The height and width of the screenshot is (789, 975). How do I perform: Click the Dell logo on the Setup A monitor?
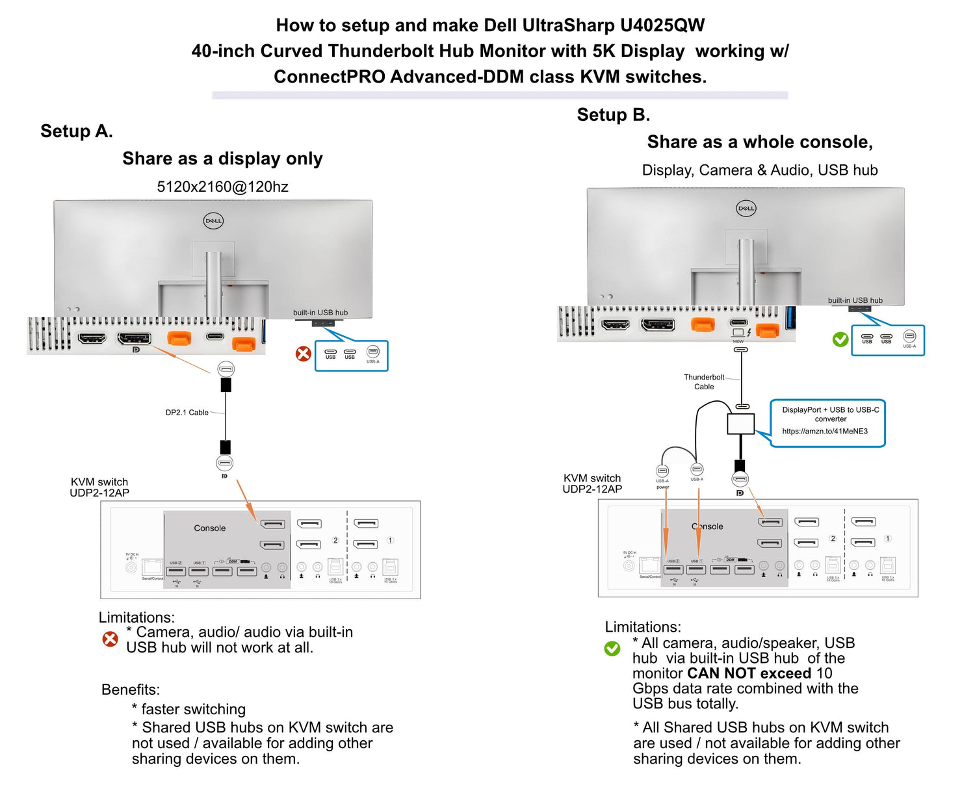pyautogui.click(x=213, y=221)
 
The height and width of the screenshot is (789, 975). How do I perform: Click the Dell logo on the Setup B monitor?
pyautogui.click(x=746, y=209)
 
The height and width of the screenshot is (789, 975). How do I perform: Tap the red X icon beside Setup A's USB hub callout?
pyautogui.click(x=304, y=354)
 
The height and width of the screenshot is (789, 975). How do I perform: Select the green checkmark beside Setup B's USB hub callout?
pyautogui.click(x=840, y=339)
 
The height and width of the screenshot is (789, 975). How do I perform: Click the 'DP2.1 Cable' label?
pyautogui.click(x=187, y=413)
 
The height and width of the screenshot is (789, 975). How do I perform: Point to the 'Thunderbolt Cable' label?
pyautogui.click(x=703, y=382)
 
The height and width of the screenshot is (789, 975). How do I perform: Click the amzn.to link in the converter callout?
pyautogui.click(x=824, y=432)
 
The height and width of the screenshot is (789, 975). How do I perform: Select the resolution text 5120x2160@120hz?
pyautogui.click(x=222, y=187)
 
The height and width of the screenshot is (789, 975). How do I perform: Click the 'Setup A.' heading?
pyautogui.click(x=77, y=131)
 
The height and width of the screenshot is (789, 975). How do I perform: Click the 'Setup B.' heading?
pyautogui.click(x=613, y=115)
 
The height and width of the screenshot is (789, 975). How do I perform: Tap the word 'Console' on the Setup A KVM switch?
pyautogui.click(x=209, y=528)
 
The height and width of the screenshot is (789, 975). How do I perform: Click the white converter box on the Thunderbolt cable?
pyautogui.click(x=740, y=424)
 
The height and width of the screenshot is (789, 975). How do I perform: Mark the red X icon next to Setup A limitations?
pyautogui.click(x=110, y=639)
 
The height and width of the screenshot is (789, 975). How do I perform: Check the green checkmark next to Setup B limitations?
pyautogui.click(x=612, y=649)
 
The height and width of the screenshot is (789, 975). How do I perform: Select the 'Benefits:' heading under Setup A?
pyautogui.click(x=131, y=690)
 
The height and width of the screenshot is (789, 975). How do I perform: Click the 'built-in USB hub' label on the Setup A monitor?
pyautogui.click(x=320, y=313)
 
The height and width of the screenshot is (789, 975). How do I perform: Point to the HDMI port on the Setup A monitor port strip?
pyautogui.click(x=92, y=338)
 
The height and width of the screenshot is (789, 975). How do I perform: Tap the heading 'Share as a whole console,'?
pyautogui.click(x=759, y=142)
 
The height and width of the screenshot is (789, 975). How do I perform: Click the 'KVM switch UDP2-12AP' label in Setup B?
pyautogui.click(x=591, y=484)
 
